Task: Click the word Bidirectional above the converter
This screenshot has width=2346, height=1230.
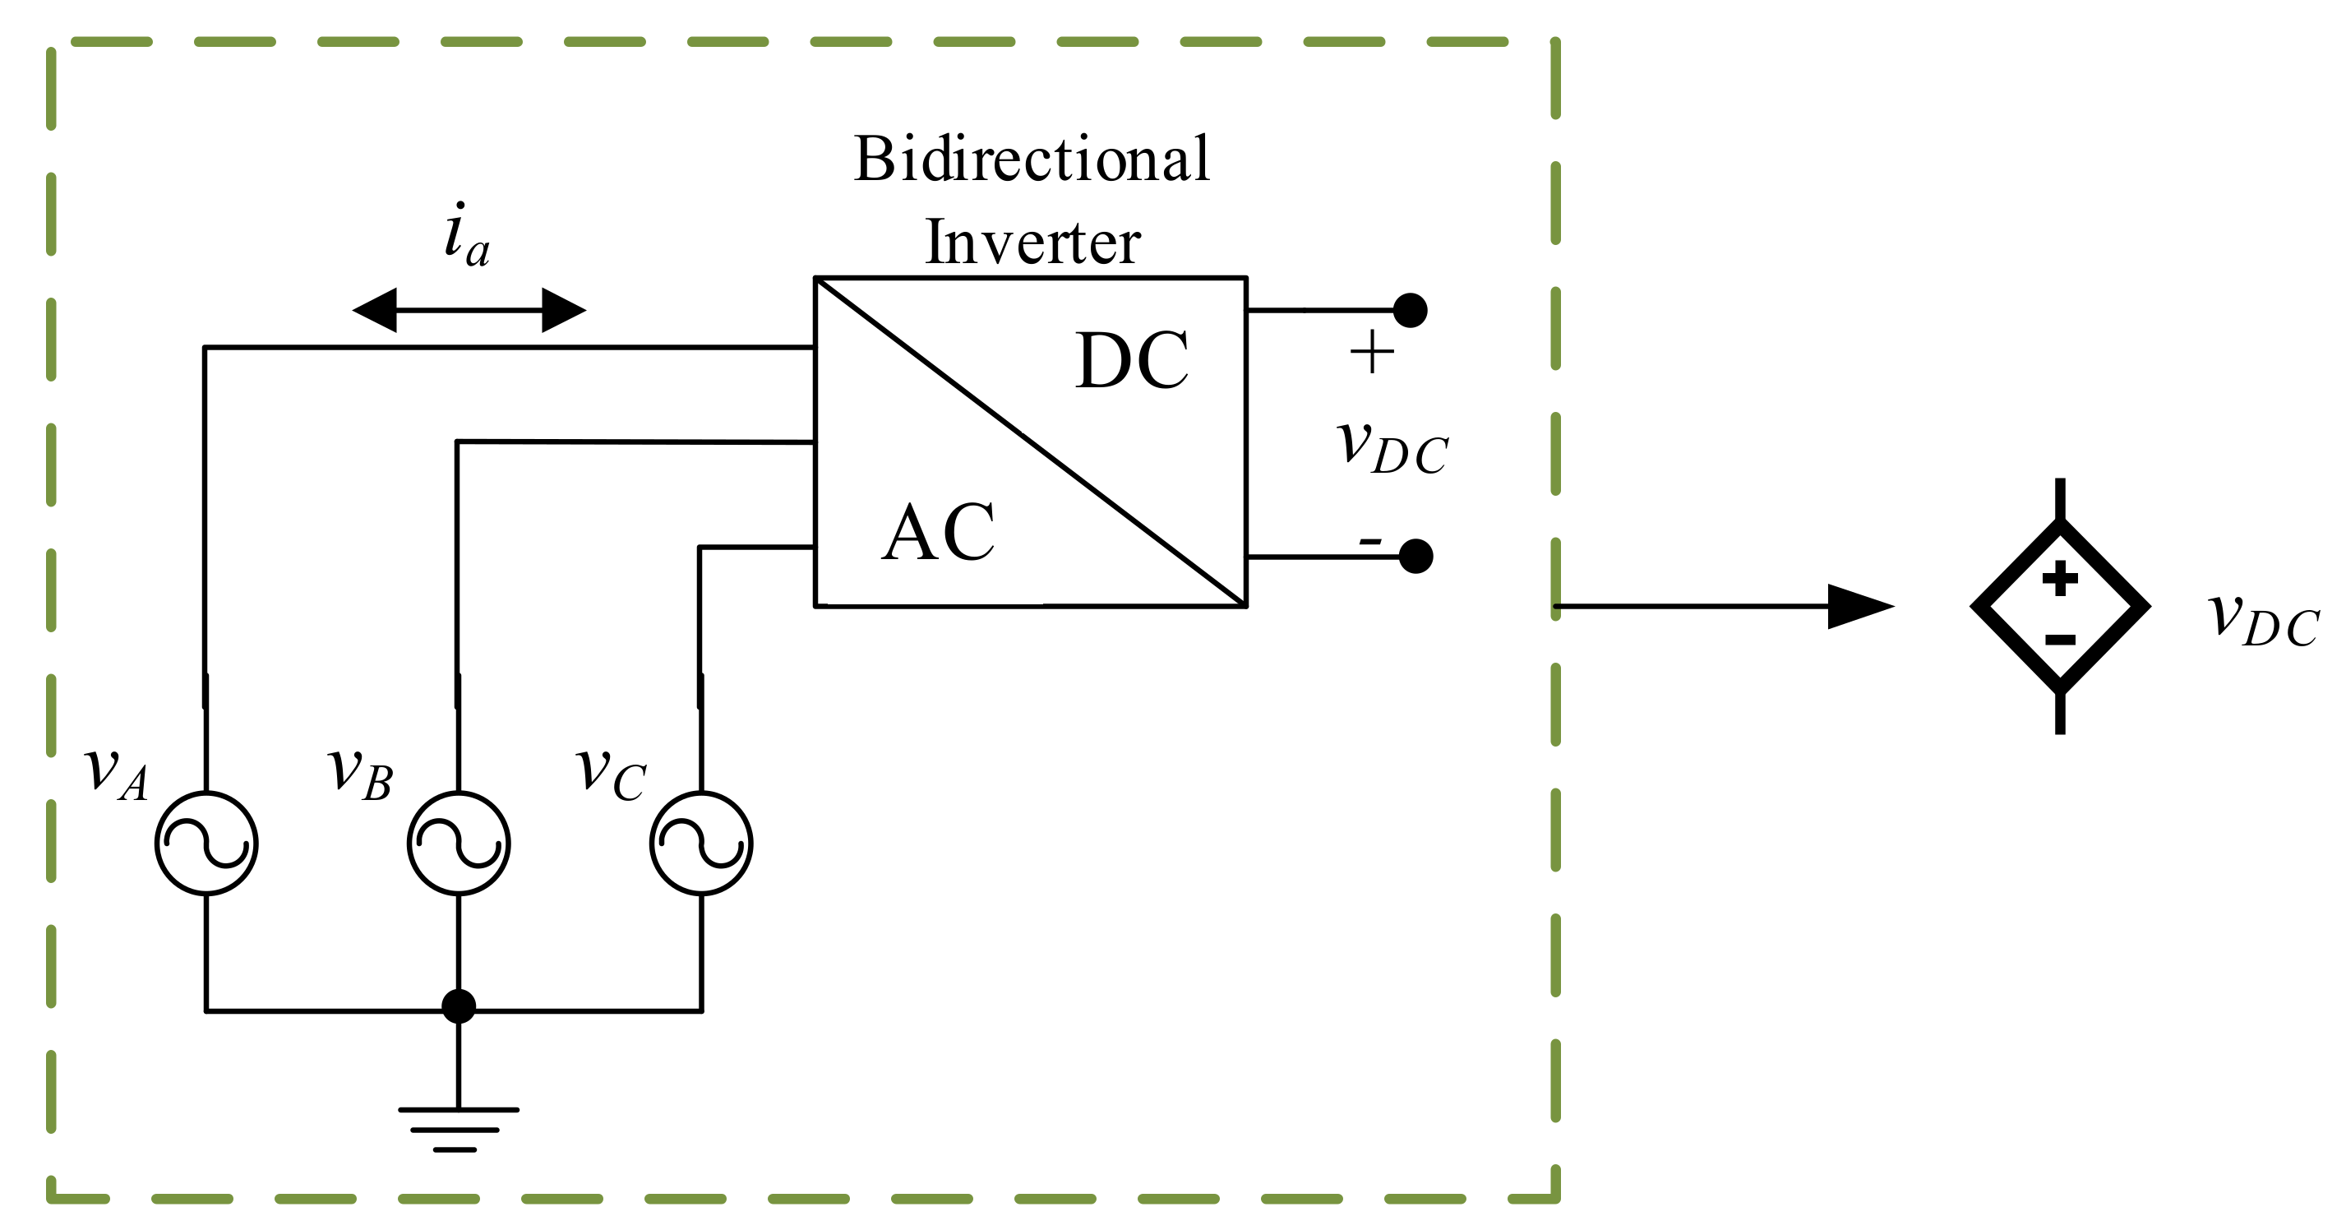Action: click(1031, 160)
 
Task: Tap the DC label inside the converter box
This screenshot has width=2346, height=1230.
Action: click(1131, 361)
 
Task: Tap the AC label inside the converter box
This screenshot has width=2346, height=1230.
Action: click(938, 533)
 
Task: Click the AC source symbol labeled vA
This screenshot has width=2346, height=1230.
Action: click(206, 843)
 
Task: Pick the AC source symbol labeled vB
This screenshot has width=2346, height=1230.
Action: click(458, 843)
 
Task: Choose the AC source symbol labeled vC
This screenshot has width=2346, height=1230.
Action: click(700, 843)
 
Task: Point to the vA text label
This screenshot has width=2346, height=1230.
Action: click(116, 772)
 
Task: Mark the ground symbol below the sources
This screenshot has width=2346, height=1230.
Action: click(457, 1129)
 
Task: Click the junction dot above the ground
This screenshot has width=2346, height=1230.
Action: click(458, 1006)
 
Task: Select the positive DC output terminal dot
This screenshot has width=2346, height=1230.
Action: click(1410, 310)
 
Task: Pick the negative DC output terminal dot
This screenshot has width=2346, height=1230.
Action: click(1415, 556)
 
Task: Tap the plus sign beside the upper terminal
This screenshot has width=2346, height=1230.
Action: click(1372, 353)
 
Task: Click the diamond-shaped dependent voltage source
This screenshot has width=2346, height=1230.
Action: click(2060, 606)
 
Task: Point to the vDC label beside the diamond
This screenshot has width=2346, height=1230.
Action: click(2264, 620)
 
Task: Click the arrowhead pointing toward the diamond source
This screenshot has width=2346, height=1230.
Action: click(1858, 606)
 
